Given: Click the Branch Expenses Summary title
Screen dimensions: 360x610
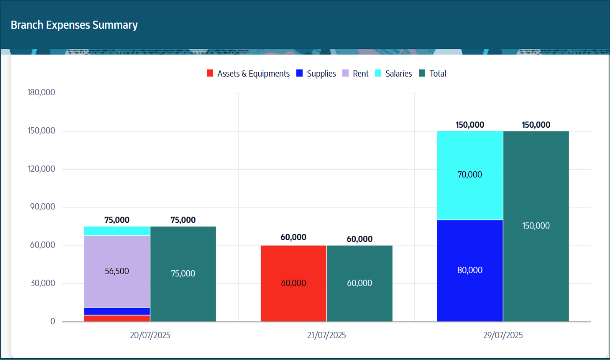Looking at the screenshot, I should [x=74, y=25].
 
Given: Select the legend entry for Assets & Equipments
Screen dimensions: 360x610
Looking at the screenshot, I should [x=248, y=73].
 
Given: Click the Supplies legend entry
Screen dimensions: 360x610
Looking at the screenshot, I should [x=316, y=73].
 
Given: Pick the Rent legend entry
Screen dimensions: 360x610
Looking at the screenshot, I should [x=356, y=73].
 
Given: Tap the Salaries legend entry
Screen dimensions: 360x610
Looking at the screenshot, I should [x=394, y=73].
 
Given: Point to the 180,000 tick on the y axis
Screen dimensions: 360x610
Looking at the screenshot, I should [x=41, y=92].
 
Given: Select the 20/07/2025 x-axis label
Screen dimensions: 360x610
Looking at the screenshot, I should [x=150, y=335].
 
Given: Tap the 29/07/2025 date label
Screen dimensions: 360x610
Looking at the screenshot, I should [x=503, y=335].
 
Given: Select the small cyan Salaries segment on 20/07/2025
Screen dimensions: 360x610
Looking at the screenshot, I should [x=117, y=231].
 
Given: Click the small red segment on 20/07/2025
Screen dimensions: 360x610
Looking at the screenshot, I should [x=117, y=318].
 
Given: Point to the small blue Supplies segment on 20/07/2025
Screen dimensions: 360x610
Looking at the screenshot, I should [x=117, y=311].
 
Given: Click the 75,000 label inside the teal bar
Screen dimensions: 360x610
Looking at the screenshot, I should [x=183, y=273].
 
